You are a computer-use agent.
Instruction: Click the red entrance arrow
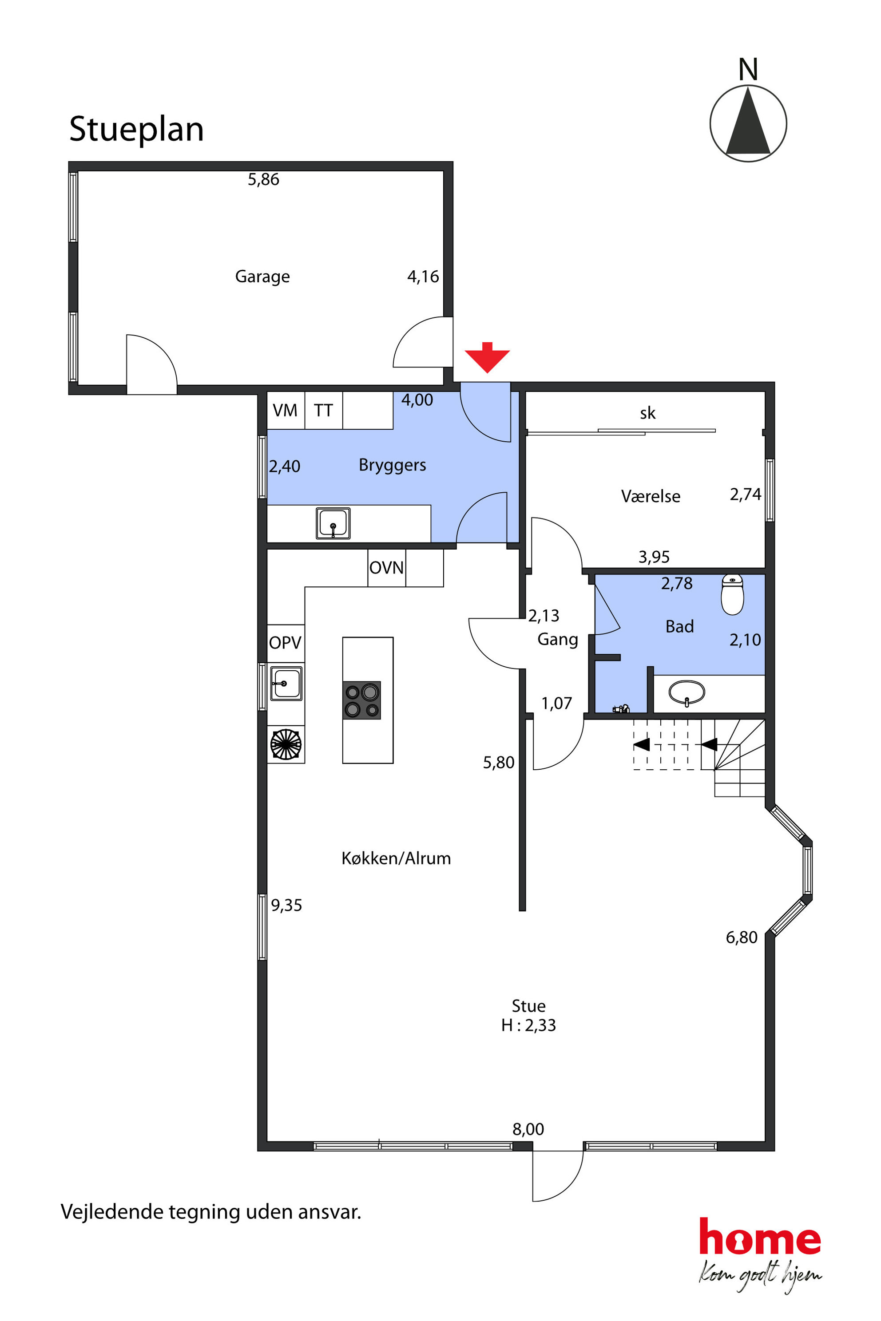point(487,357)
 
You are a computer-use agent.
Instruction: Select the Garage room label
point(262,277)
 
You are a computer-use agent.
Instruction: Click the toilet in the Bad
point(732,594)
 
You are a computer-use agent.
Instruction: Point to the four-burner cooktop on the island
point(362,700)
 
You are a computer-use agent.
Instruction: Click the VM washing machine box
point(286,410)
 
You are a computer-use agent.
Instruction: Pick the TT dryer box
point(324,410)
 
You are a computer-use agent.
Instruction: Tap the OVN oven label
point(387,567)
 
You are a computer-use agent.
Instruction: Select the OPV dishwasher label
point(285,643)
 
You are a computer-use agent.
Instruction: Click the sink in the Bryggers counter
point(333,523)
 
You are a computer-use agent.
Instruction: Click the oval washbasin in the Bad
point(687,692)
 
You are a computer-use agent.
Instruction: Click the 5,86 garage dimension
point(263,179)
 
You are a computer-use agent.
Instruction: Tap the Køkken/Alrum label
point(396,858)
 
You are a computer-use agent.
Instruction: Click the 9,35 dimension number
point(286,906)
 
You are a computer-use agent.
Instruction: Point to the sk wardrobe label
point(648,413)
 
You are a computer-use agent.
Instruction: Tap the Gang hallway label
point(558,640)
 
